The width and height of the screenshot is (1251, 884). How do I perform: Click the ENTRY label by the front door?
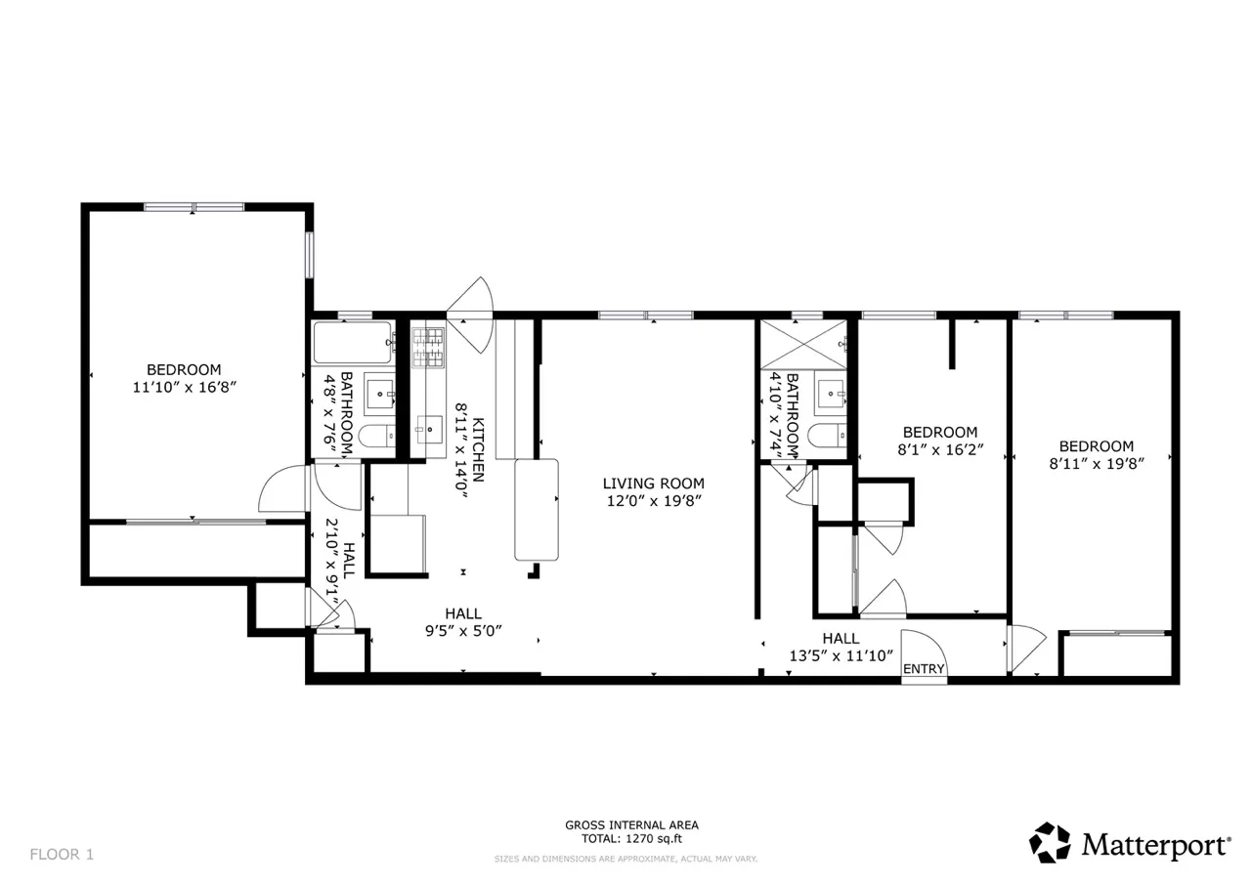(924, 669)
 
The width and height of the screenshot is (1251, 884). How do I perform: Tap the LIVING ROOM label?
(653, 483)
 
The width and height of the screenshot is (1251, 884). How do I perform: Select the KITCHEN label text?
(478, 449)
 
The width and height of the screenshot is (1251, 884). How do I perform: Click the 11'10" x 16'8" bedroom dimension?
(185, 387)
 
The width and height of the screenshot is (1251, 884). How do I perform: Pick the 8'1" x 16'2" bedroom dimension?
(939, 450)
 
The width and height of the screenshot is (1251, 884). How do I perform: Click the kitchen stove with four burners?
(427, 348)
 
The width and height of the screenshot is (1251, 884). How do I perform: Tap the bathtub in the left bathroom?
(352, 343)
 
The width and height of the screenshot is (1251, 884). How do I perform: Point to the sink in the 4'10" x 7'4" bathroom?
(830, 394)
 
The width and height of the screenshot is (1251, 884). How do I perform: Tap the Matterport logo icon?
(1051, 842)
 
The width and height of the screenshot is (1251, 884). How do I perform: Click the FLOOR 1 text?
(62, 854)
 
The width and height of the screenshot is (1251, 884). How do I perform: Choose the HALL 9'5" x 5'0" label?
(462, 621)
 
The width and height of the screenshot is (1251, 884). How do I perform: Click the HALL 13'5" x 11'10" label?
(841, 648)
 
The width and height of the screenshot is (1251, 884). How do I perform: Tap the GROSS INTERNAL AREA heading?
(631, 824)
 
